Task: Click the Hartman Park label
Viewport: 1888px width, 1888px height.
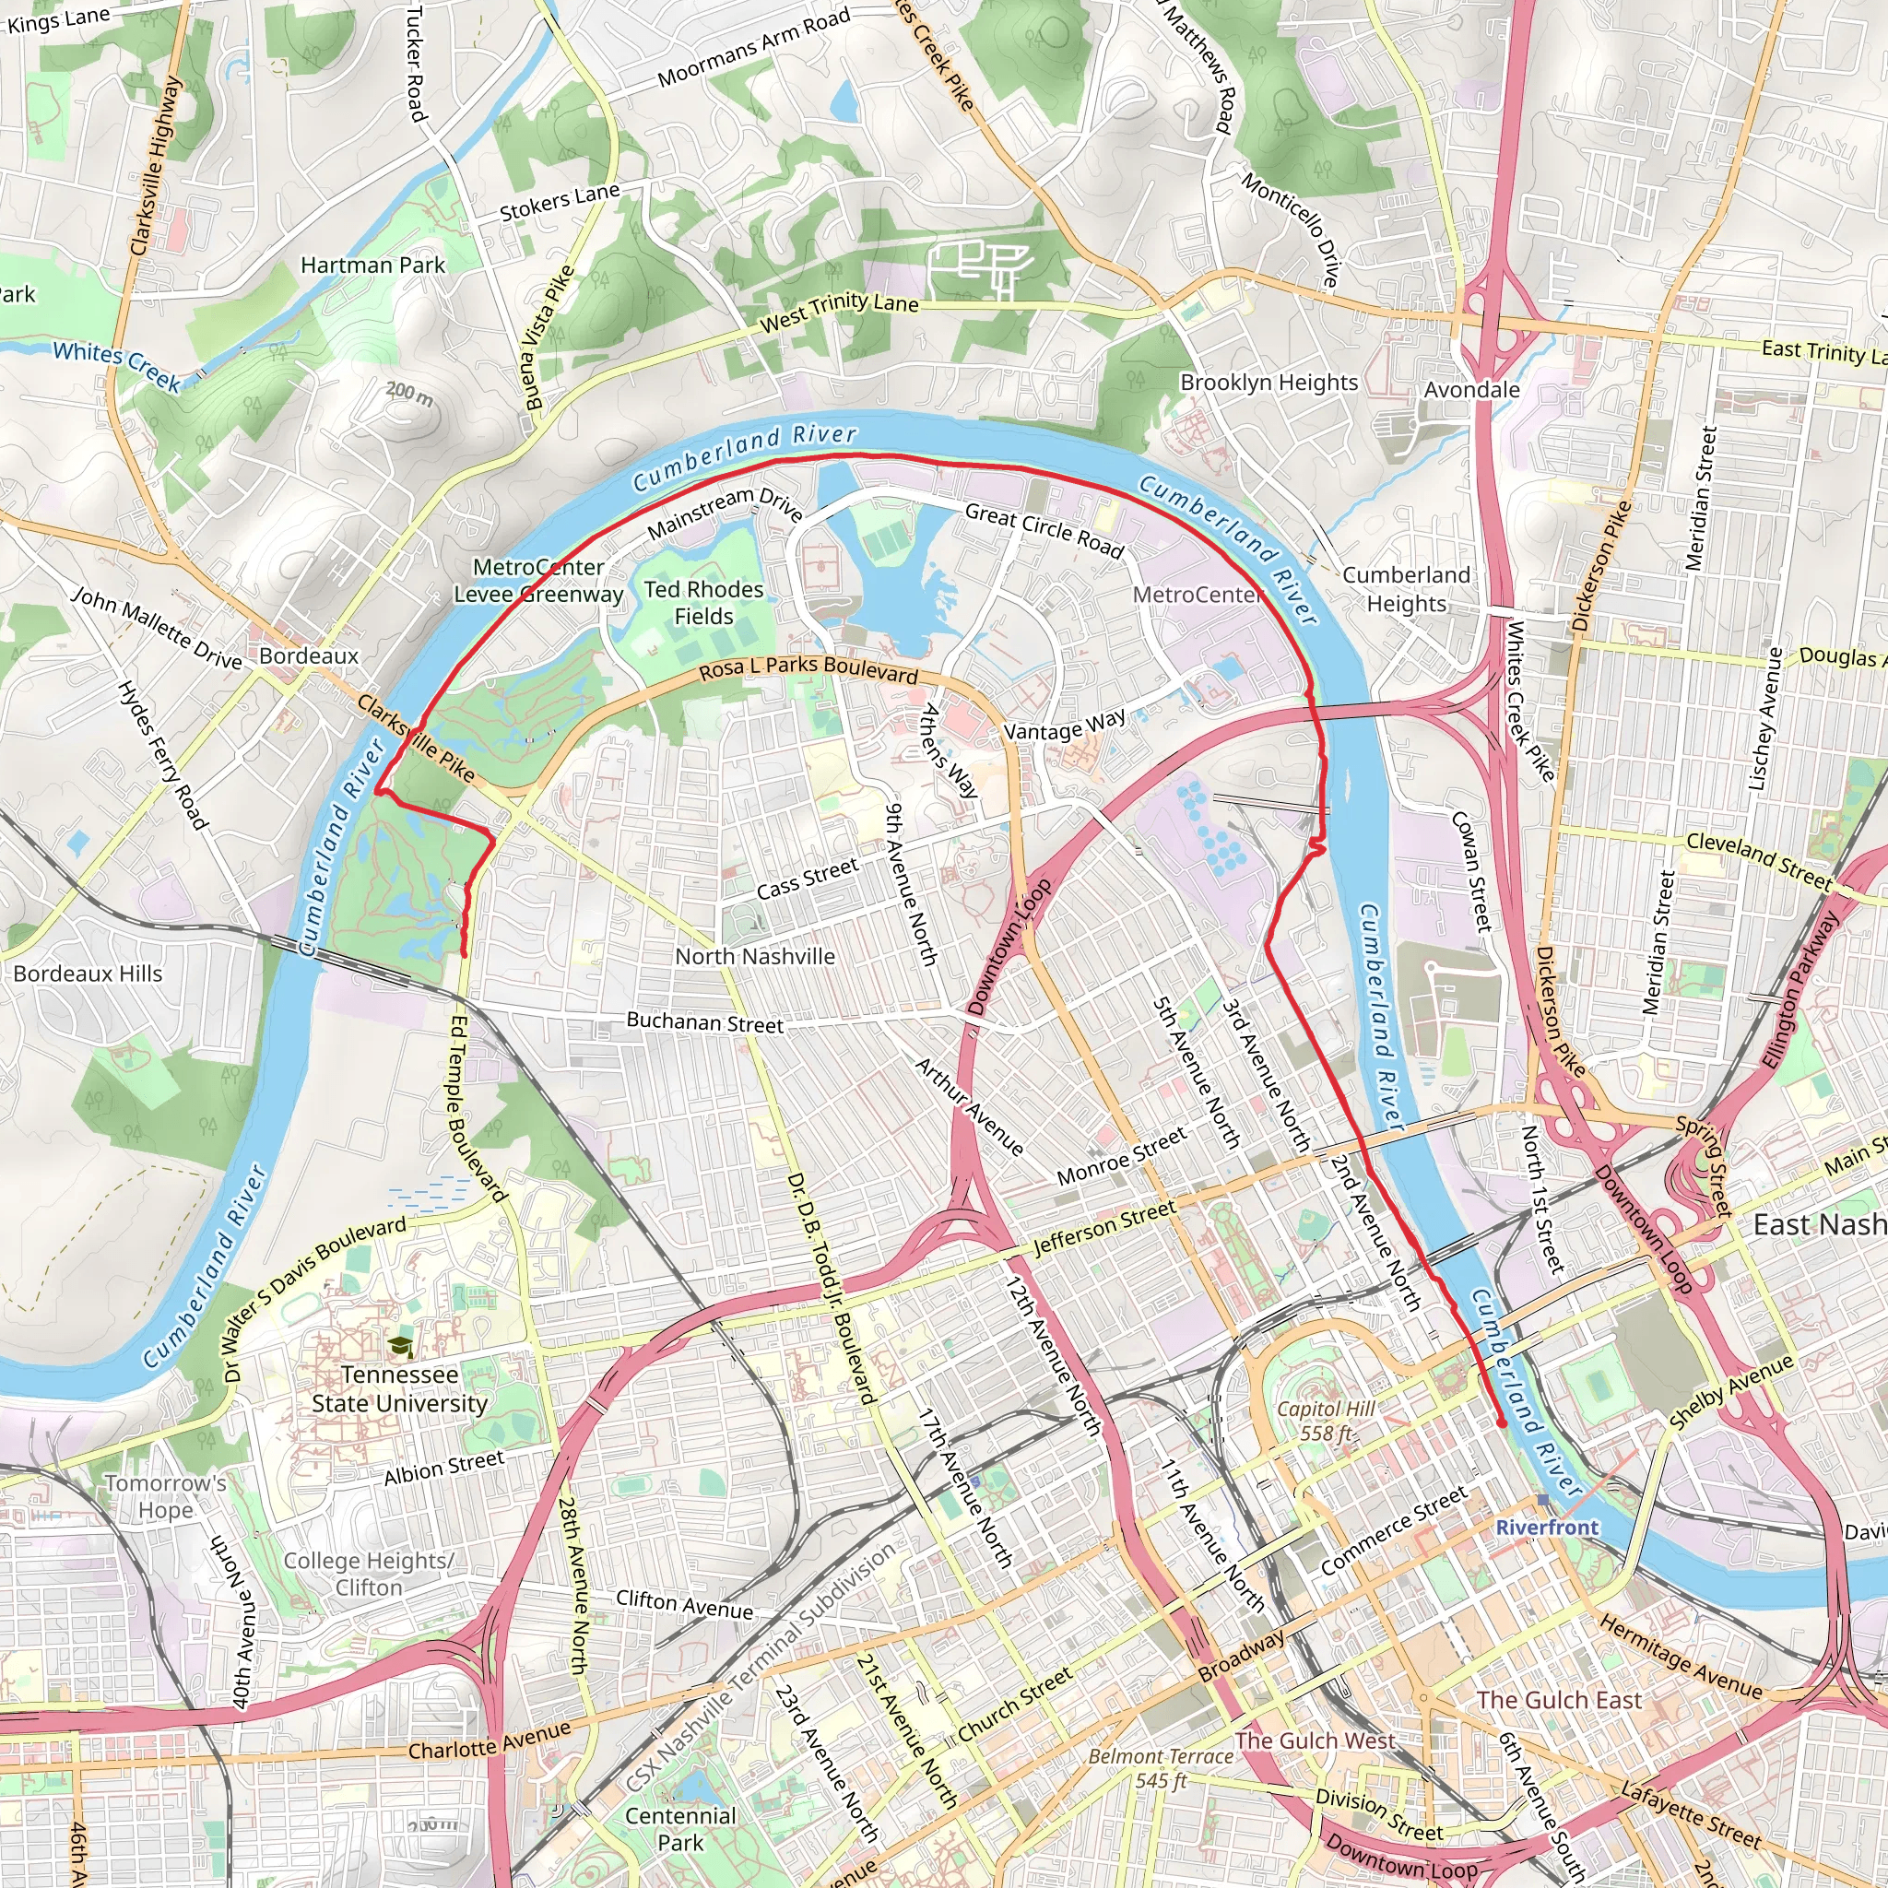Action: tap(372, 265)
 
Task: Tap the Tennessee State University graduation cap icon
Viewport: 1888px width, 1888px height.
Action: tap(400, 1348)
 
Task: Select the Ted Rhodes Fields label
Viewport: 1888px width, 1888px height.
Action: tap(703, 603)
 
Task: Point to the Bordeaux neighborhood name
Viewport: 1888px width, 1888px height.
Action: tap(309, 655)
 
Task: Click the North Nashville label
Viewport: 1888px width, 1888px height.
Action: tap(754, 957)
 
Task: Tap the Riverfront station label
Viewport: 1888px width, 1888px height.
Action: tap(1547, 1528)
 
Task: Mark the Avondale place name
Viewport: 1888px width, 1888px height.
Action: tap(1470, 390)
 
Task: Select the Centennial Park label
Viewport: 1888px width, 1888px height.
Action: tap(680, 1829)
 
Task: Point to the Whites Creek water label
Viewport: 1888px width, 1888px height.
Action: tap(117, 365)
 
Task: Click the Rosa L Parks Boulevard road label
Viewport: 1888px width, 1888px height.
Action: tap(808, 669)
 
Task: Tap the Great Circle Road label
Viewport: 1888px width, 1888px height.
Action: tap(1044, 531)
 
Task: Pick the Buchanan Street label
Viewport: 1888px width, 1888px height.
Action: tap(704, 1022)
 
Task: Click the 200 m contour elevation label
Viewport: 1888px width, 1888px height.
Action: tap(409, 394)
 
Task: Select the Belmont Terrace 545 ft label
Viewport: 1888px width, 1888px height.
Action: tap(1161, 1768)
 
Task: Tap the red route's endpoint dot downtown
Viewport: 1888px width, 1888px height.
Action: tap(1502, 1423)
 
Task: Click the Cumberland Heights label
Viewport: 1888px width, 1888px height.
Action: tap(1405, 589)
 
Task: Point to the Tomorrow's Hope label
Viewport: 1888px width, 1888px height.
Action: tap(165, 1496)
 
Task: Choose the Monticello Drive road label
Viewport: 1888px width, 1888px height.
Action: tap(1290, 230)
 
